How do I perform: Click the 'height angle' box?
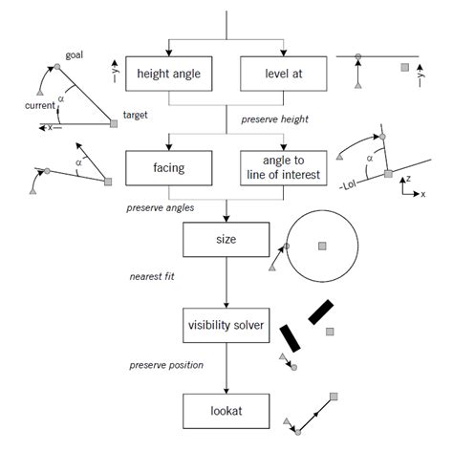[x=169, y=73]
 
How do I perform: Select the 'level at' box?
[x=283, y=73]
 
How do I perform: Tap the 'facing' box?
[x=169, y=167]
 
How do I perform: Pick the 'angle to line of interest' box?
[x=283, y=167]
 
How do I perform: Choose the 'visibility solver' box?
[x=226, y=325]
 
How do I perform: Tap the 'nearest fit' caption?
[x=153, y=278]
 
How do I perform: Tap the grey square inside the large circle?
[x=322, y=246]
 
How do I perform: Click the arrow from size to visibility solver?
[x=226, y=283]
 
